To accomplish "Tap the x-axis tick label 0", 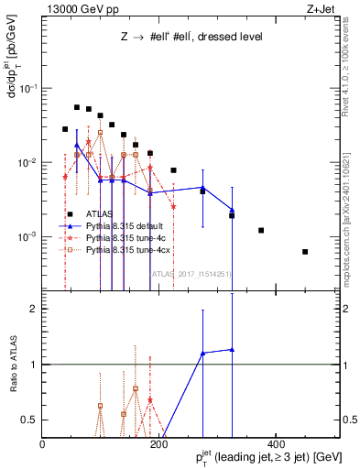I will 42,443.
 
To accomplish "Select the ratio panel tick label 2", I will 32,309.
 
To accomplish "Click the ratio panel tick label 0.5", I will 28,420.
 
